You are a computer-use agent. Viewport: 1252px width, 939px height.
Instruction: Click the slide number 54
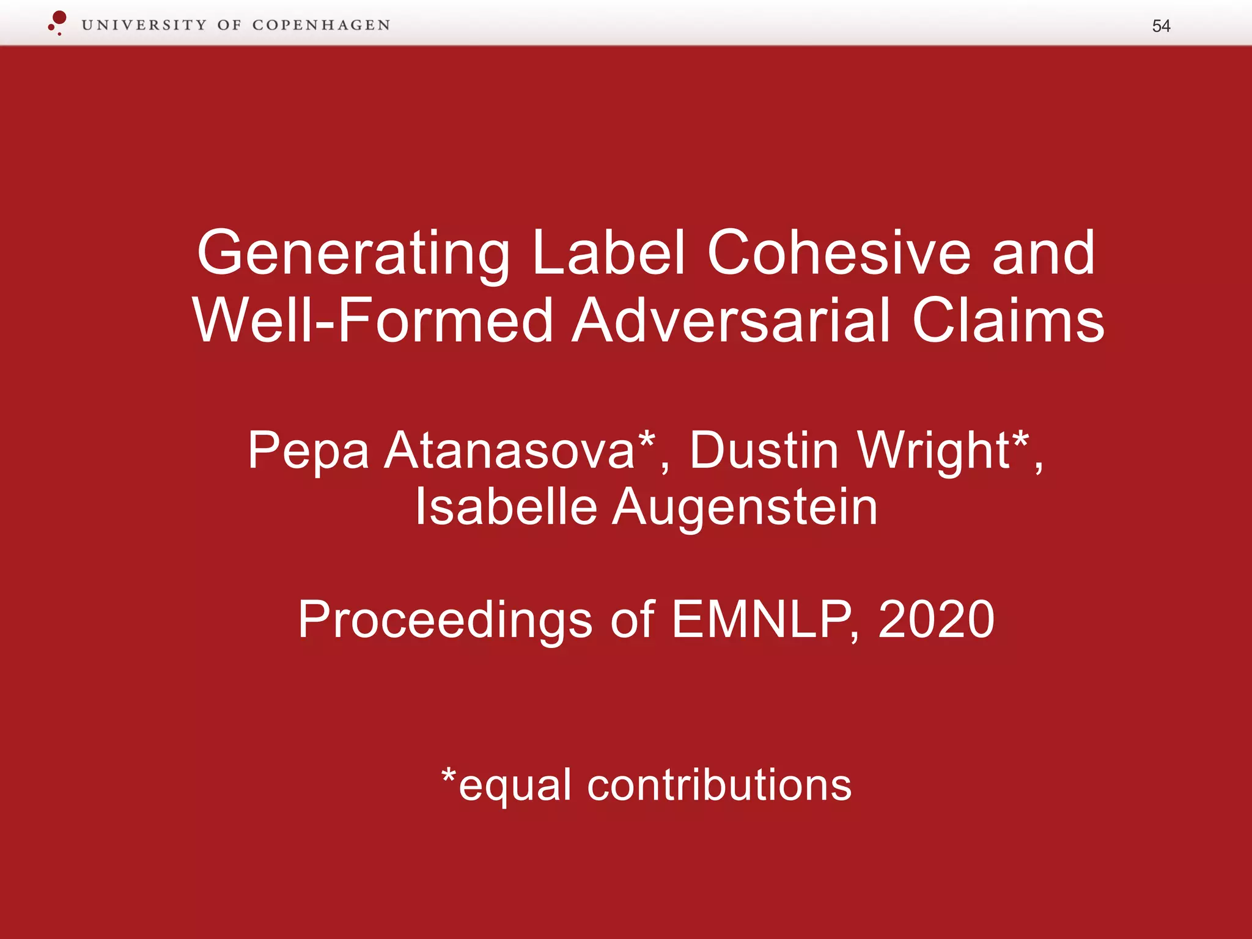point(1160,26)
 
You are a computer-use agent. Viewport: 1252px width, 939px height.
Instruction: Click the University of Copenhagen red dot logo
point(57,23)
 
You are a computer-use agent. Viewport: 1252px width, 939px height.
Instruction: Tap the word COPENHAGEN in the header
point(321,25)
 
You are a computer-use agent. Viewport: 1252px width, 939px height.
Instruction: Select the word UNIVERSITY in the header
point(144,25)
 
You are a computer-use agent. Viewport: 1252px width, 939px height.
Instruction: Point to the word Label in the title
point(608,252)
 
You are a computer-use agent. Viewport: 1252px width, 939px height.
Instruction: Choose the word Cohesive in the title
point(839,252)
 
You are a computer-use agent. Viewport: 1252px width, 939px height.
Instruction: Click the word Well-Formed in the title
point(373,320)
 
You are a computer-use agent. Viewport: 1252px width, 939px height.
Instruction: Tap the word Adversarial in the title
point(731,320)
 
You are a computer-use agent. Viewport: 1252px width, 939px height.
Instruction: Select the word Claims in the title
point(1008,320)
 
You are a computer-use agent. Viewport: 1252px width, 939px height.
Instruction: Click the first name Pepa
point(308,451)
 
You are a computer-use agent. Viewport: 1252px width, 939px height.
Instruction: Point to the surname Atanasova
point(510,451)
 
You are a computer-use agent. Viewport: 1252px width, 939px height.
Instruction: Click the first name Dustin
point(764,451)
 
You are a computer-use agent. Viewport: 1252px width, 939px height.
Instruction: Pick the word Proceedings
point(445,620)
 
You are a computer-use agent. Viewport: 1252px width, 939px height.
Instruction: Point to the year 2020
point(936,619)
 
